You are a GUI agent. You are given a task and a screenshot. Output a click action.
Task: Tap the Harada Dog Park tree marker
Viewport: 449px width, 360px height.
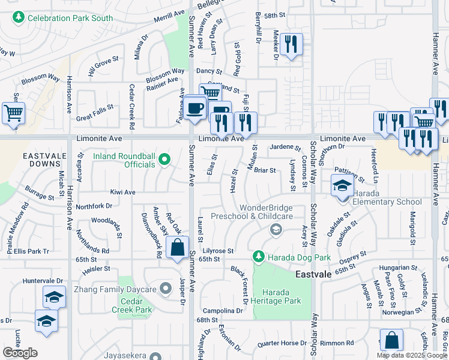259,257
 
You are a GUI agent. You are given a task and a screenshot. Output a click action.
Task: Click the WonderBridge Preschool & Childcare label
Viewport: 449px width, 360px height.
267,212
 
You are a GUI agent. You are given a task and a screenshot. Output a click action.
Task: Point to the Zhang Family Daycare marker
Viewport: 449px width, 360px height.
166,289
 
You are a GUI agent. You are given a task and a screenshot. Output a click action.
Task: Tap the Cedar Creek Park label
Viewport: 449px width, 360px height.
131,305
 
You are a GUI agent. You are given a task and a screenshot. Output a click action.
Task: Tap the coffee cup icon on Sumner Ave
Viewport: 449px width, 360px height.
194,109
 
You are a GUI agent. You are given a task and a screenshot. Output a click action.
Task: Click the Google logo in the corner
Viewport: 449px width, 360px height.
20,353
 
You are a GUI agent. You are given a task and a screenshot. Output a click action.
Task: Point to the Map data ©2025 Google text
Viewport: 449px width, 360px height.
412,355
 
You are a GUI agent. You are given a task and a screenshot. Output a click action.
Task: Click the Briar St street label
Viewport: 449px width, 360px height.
264,170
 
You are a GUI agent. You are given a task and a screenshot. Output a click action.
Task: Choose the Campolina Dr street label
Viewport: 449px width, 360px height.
222,311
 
